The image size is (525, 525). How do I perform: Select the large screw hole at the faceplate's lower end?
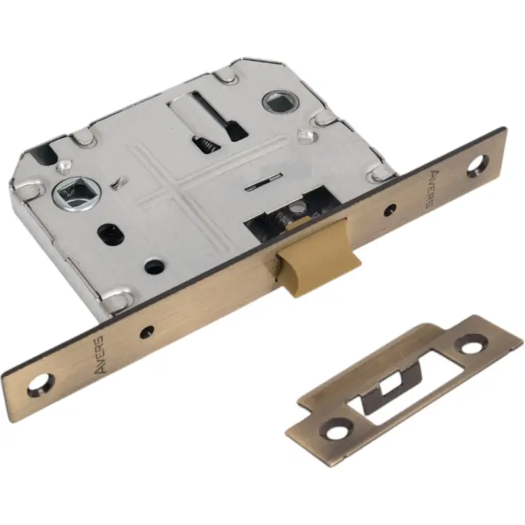tap(39, 384)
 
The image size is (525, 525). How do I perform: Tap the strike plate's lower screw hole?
tap(339, 429)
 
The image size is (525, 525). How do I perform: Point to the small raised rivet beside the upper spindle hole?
tap(305, 136)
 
